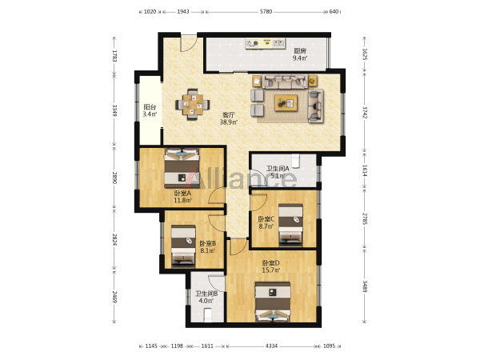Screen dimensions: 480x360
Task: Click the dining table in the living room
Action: tap(193, 105)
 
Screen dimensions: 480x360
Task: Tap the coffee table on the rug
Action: tap(286, 103)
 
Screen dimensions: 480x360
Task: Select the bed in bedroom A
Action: tap(182, 168)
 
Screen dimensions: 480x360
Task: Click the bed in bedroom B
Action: tap(183, 246)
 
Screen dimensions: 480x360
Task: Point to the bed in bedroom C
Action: tap(290, 225)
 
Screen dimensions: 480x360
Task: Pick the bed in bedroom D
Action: tap(273, 302)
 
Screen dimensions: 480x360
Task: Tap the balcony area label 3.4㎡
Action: tap(150, 114)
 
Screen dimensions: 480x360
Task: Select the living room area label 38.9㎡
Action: tap(229, 122)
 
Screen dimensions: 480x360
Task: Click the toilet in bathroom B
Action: tap(207, 315)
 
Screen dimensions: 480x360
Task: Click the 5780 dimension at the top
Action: tap(266, 12)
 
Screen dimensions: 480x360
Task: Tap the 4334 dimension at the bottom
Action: tap(271, 346)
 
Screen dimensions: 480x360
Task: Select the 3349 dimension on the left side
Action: tap(114, 110)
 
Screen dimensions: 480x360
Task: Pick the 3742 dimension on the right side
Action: tap(365, 112)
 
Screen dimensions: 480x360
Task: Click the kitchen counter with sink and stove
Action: tap(265, 43)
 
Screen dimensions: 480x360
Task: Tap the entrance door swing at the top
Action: tap(188, 44)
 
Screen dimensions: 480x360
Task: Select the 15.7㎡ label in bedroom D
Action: tap(271, 270)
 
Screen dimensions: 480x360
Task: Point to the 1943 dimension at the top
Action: tap(183, 12)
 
